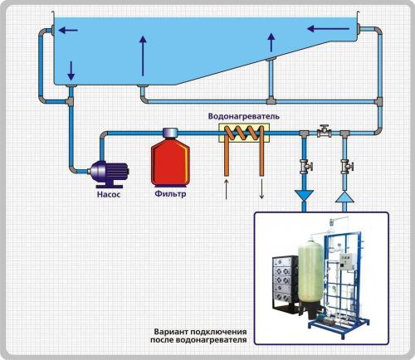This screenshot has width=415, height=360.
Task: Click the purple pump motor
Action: coord(109,173)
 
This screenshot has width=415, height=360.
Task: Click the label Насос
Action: coord(109,194)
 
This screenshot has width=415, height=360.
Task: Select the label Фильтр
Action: coord(170,193)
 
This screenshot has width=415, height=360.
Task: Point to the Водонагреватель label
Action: coord(244,116)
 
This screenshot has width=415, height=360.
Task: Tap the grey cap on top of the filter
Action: coord(170,133)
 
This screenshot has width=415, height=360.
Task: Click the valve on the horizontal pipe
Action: coord(324,131)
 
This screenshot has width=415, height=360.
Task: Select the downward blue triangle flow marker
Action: coord(304,196)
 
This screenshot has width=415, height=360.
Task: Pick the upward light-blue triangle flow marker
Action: coord(344,197)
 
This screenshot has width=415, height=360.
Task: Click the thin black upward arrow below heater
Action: coord(227,189)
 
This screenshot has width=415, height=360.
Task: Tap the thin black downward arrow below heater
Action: coord(261,189)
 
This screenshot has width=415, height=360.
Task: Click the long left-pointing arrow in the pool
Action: coord(328,28)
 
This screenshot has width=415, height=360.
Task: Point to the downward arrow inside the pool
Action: coord(71,71)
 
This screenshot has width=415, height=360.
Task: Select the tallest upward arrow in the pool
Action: coord(143,56)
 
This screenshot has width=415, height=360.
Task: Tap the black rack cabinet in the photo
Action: coord(286,283)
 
